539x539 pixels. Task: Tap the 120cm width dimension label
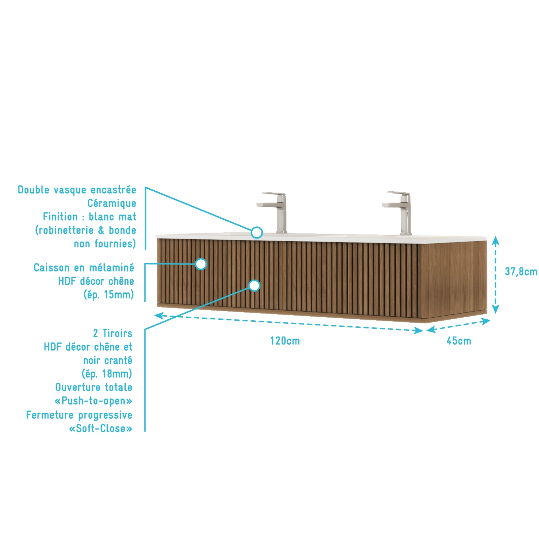(285, 341)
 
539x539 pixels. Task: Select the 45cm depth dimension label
(459, 341)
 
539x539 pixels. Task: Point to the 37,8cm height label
(521, 272)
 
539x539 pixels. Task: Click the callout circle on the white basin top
(257, 232)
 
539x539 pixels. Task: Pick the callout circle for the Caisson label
(201, 264)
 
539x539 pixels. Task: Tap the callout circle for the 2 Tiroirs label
(255, 286)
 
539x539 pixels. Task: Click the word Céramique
(112, 203)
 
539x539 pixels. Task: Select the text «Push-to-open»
(94, 401)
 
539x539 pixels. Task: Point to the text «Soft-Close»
(101, 429)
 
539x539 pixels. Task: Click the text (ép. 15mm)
(109, 295)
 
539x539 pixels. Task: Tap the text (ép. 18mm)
(107, 374)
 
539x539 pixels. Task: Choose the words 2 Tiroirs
(113, 334)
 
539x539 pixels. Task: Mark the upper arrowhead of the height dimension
(496, 240)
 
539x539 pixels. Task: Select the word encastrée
(114, 190)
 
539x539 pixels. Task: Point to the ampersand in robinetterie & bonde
(101, 230)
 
